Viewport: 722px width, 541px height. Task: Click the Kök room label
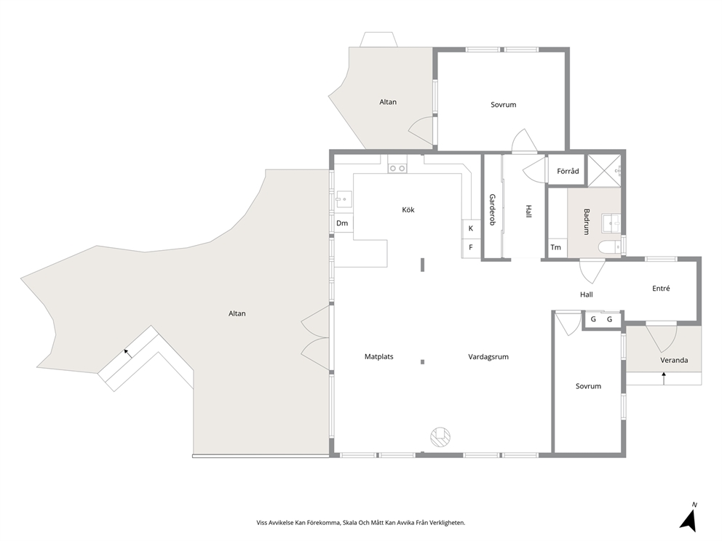[408, 209]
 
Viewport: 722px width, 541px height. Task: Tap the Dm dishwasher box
[342, 223]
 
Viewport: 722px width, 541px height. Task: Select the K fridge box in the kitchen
[471, 228]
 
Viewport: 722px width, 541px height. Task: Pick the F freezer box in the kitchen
[471, 247]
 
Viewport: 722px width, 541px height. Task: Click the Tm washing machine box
[556, 247]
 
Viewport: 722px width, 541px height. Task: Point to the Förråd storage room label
[568, 171]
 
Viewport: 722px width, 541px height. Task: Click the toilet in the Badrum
[609, 248]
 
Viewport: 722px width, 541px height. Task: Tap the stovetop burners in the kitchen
[397, 169]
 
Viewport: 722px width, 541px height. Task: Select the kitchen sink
[344, 199]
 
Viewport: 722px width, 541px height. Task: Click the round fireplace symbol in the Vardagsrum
[440, 436]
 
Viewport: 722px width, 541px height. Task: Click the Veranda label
[674, 360]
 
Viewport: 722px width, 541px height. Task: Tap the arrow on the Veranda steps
[664, 378]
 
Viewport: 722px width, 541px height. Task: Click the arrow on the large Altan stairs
[127, 353]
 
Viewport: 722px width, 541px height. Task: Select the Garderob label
[492, 209]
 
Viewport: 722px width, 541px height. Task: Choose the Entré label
[661, 289]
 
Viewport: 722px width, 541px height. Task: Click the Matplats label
[379, 356]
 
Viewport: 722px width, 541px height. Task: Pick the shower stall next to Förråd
[605, 171]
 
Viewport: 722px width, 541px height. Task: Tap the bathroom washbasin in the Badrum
[611, 224]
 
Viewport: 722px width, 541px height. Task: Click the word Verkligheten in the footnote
[449, 523]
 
